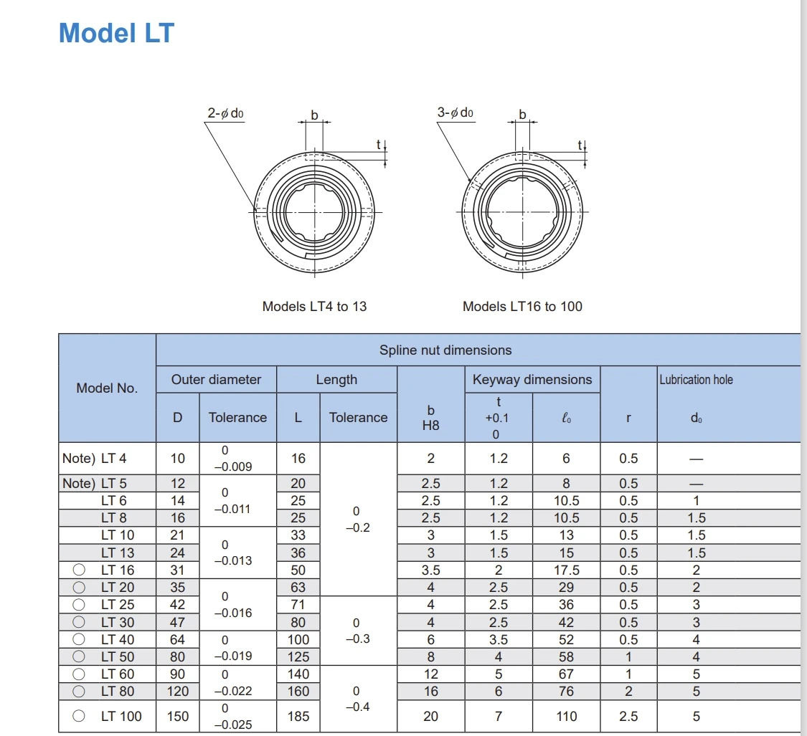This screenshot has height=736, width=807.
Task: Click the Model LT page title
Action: [116, 33]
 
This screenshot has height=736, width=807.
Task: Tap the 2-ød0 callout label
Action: [225, 113]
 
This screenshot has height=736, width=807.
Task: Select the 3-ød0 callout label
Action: [455, 113]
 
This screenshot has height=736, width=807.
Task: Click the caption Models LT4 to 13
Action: [314, 307]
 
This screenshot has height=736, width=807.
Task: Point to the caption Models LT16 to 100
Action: [522, 307]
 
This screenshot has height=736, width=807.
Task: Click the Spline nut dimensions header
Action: [445, 350]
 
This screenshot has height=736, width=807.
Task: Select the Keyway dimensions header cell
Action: [532, 380]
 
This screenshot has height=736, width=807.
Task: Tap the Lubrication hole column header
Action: [696, 380]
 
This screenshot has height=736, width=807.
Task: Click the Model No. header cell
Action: [106, 388]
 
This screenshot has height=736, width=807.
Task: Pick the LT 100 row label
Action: [122, 716]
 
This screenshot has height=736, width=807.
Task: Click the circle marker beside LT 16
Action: [80, 570]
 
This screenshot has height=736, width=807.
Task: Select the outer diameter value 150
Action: [178, 716]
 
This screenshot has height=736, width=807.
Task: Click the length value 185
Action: [298, 716]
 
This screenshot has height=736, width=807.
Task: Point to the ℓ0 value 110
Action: [566, 716]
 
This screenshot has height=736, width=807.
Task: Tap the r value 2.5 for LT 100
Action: [628, 716]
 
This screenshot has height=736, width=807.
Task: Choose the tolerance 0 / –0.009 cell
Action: [237, 459]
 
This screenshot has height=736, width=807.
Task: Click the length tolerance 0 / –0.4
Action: [357, 699]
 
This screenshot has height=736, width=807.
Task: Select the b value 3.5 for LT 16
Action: [430, 570]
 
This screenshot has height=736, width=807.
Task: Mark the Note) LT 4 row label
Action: [95, 459]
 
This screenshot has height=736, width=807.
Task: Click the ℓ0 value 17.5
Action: [566, 570]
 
